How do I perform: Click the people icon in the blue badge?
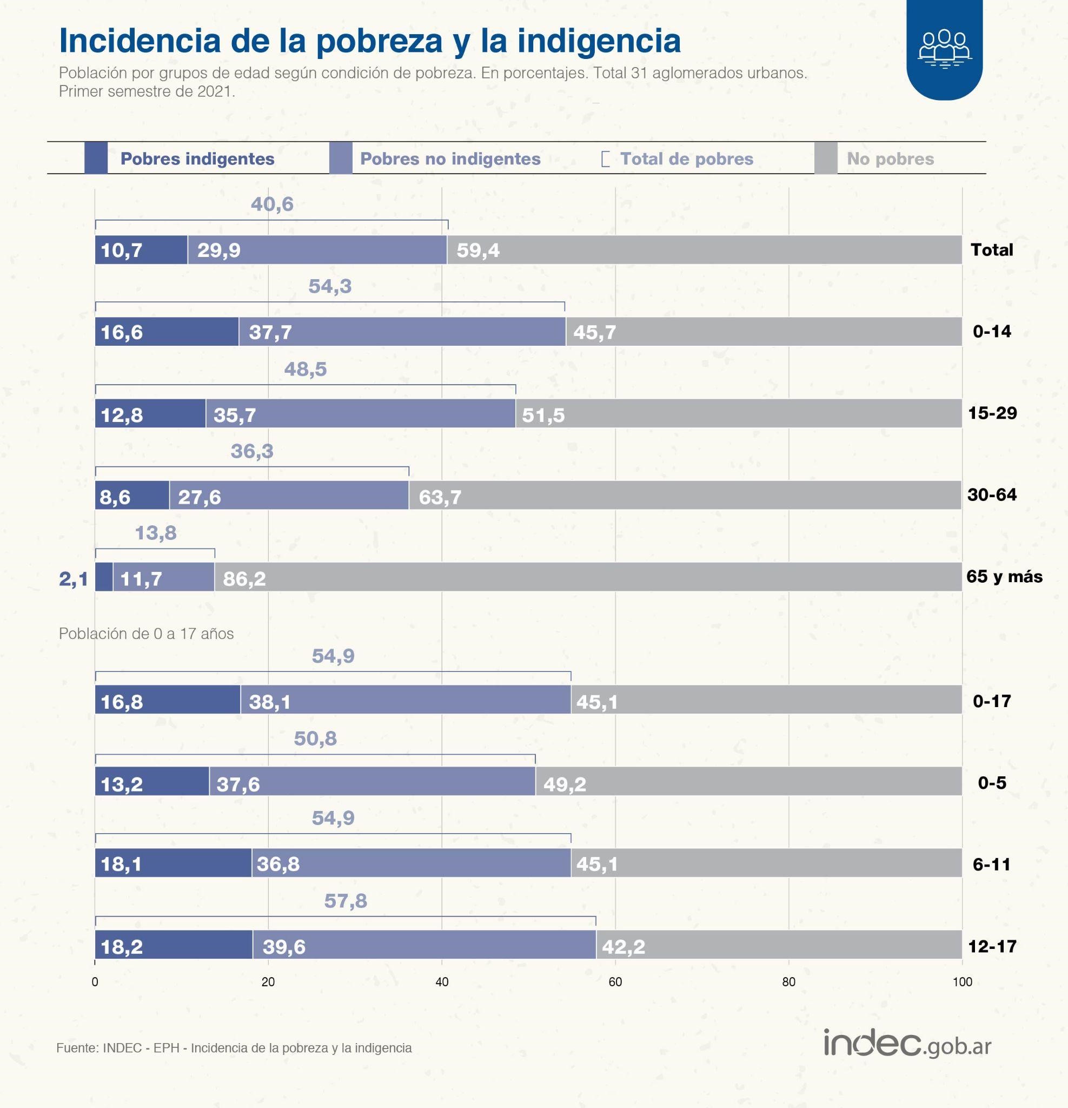point(944,49)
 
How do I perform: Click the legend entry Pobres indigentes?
point(197,159)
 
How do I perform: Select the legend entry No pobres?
point(890,159)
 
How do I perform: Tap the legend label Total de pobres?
point(686,159)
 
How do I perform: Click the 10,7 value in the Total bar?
point(122,250)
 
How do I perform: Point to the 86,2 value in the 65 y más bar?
point(244,578)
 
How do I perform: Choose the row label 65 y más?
point(1004,577)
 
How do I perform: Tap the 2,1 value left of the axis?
point(74,579)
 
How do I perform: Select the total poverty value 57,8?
point(345,901)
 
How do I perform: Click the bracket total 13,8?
point(155,532)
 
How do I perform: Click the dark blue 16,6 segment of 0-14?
point(167,331)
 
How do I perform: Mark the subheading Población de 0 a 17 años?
point(147,634)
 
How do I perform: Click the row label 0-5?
point(992,782)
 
